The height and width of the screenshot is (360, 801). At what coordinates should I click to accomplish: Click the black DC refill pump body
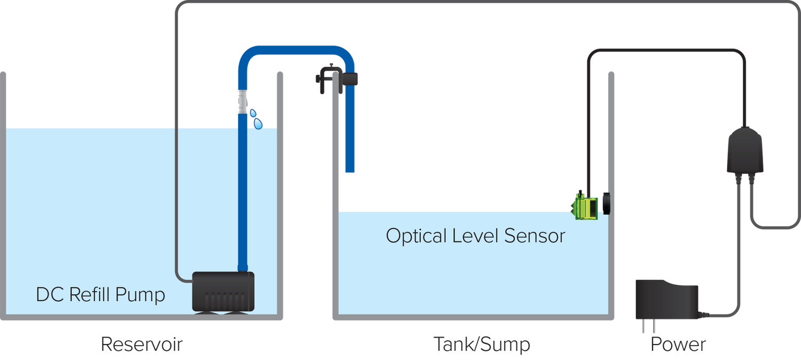[x=223, y=291]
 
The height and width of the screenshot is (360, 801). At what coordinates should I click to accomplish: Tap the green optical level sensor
[x=585, y=206]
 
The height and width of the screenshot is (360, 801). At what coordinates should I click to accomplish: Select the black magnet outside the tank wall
[x=607, y=204]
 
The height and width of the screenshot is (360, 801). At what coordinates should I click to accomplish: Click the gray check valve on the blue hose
[x=242, y=102]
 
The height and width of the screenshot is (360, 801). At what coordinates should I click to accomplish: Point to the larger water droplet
[x=258, y=124]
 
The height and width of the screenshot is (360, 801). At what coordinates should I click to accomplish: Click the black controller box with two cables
[x=745, y=151]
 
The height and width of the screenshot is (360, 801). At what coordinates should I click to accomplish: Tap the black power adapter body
[x=666, y=300]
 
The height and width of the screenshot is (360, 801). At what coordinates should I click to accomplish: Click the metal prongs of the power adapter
[x=649, y=326]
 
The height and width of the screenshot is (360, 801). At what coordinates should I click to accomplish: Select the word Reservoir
[x=142, y=345]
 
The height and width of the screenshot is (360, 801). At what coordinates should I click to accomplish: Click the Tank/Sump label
[x=482, y=345]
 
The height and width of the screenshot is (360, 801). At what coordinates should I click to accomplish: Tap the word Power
[x=678, y=345]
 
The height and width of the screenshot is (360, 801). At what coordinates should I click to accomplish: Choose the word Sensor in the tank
[x=535, y=236]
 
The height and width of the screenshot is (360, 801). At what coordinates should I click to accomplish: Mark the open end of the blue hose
[x=350, y=171]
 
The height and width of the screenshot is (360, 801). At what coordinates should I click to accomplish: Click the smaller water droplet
[x=253, y=113]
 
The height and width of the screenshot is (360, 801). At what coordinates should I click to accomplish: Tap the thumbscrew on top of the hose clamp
[x=332, y=65]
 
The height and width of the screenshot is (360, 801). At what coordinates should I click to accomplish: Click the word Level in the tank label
[x=475, y=236]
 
